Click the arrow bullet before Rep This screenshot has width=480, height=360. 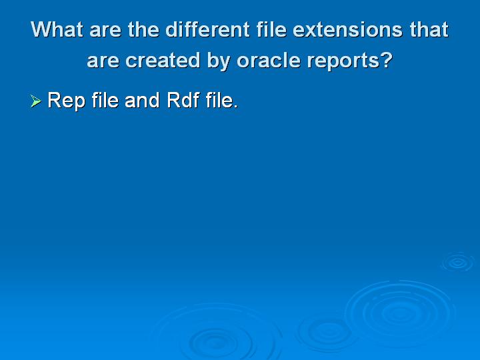[36, 101]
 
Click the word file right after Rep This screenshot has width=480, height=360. [104, 101]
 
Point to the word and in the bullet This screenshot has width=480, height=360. [142, 101]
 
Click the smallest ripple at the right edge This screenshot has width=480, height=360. [457, 262]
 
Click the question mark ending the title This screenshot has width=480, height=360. [386, 61]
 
